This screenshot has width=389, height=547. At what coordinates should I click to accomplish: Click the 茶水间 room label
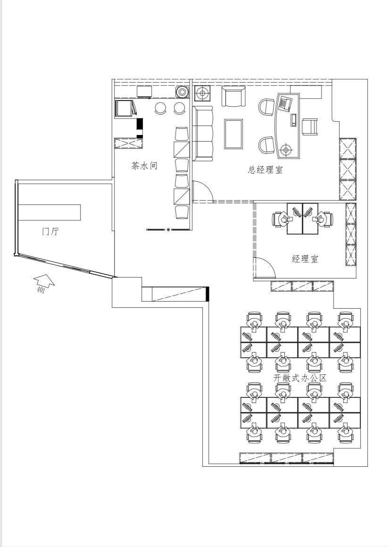click(144, 166)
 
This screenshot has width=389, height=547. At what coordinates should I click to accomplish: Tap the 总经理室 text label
click(265, 170)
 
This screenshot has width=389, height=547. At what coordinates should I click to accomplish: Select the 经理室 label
click(305, 259)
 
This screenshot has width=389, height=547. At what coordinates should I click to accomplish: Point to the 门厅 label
click(50, 231)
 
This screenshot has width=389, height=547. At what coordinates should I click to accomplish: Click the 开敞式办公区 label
click(300, 378)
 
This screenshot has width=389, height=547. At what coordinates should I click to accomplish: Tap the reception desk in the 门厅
click(49, 212)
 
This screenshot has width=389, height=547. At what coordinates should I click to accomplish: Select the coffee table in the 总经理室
click(233, 134)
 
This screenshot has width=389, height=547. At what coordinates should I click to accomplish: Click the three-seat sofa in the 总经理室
click(202, 134)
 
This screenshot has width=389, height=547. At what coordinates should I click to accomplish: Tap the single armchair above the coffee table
click(233, 97)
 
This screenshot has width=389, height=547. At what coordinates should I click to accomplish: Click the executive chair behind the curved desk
click(309, 126)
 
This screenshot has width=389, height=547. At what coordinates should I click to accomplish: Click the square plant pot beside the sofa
click(201, 93)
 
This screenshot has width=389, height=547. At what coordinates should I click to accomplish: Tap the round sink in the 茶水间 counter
click(182, 92)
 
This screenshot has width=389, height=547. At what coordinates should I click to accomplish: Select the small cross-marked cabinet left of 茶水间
click(129, 143)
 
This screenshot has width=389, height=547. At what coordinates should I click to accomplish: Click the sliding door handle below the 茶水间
click(169, 229)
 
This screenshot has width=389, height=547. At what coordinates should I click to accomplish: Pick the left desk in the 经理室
click(295, 219)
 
